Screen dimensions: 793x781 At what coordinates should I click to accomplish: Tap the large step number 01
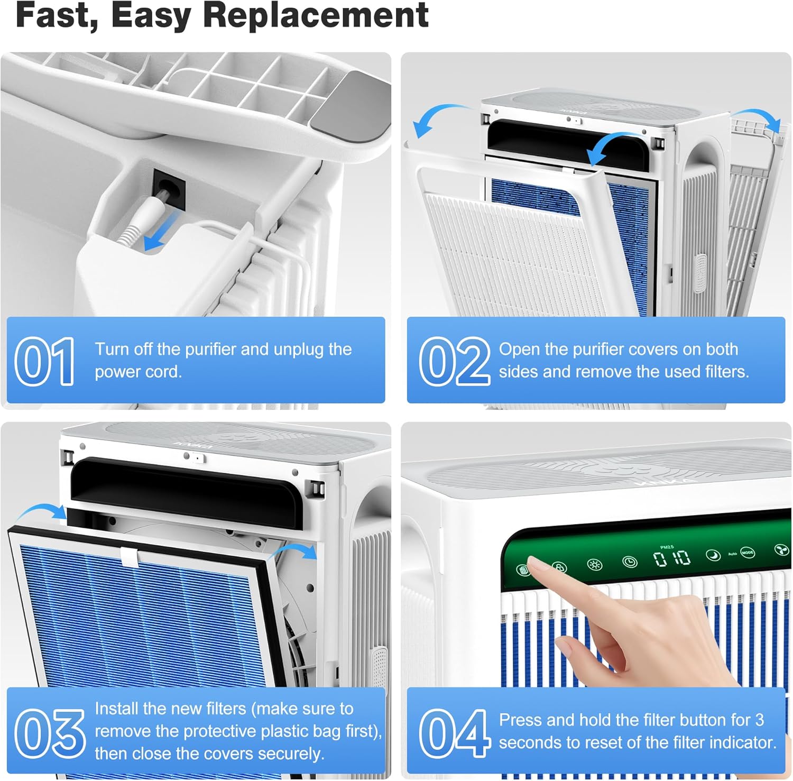(45, 362)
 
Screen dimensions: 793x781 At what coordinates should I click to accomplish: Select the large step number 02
(455, 362)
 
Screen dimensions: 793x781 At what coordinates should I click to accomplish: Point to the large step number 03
(50, 733)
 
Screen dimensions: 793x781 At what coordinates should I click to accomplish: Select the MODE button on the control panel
(748, 553)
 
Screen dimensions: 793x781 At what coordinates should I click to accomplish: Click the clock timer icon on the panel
(630, 562)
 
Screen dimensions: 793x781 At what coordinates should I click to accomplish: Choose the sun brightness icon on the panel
(595, 564)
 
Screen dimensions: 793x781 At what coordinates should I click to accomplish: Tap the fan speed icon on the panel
(781, 550)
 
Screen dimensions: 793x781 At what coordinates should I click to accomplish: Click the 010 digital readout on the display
(672, 558)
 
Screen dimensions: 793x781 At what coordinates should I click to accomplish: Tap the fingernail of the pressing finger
(536, 566)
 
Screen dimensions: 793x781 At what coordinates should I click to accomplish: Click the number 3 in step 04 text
(760, 720)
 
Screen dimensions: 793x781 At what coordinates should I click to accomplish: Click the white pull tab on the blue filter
(130, 555)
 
